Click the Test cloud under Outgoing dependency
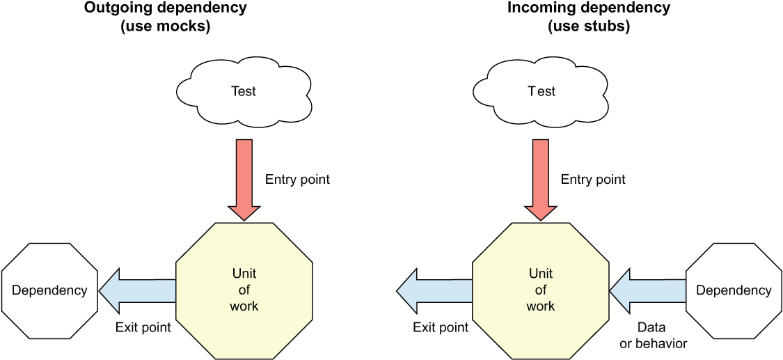click(244, 92)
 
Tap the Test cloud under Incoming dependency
click(540, 92)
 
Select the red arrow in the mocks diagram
click(244, 180)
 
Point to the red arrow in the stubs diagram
click(540, 180)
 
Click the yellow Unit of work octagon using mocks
click(244, 290)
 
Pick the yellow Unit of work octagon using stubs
click(540, 290)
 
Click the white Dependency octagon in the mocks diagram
click(50, 290)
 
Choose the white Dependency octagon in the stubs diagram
click(734, 290)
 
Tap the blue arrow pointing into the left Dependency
click(137, 290)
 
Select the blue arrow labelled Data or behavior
click(647, 290)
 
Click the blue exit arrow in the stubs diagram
click(434, 290)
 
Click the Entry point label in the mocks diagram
click(298, 180)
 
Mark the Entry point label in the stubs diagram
click(593, 180)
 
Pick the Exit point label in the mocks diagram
click(143, 327)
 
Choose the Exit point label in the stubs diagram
click(441, 327)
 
